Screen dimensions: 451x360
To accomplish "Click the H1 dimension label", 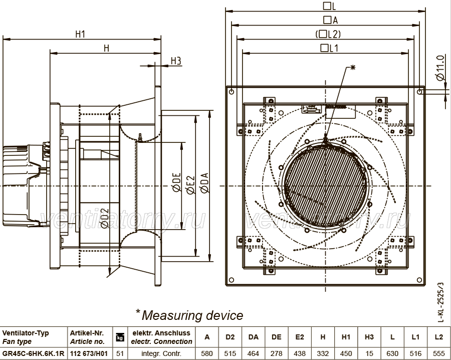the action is click(x=80, y=34).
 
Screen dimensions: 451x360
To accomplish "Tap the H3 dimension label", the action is click(x=176, y=61).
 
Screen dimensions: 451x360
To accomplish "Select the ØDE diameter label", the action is click(x=176, y=182).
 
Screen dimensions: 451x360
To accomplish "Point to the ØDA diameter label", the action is click(x=204, y=183).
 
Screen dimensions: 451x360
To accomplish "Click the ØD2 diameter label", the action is click(x=105, y=219).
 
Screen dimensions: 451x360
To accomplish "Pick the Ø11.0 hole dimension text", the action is click(x=440, y=68).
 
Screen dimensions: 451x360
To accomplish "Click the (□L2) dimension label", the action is click(x=328, y=34).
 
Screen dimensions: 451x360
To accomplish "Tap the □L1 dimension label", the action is click(x=329, y=48).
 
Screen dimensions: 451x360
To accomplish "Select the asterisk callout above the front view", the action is click(x=353, y=68).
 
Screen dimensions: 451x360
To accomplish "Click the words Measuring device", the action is click(x=192, y=315).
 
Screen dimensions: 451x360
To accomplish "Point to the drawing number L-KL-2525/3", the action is click(x=440, y=302).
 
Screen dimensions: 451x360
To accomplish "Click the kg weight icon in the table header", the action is click(x=120, y=337).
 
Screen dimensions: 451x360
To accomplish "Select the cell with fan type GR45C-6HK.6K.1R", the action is click(x=33, y=353).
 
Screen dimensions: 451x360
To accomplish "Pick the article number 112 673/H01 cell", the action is click(x=89, y=353).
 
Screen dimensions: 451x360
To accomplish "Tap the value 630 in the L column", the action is click(x=392, y=353).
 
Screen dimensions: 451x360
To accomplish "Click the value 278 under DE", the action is click(x=277, y=353).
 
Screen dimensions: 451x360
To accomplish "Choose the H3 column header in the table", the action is click(x=369, y=337).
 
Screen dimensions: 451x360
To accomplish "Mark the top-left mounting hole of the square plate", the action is click(x=232, y=92).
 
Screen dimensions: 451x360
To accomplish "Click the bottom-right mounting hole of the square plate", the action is click(x=419, y=280).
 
